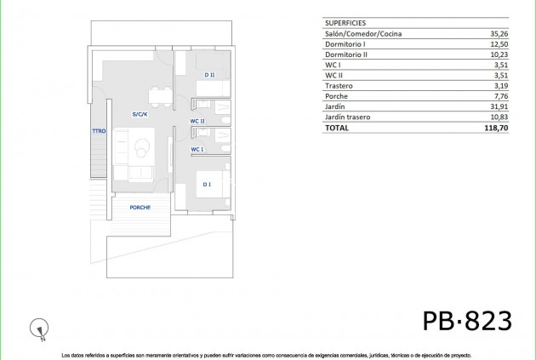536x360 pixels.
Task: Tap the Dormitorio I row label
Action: coord(345,44)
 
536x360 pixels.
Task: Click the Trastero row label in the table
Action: coord(339,86)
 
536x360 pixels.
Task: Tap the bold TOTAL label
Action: coord(336,128)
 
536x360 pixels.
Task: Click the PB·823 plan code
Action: coord(467,321)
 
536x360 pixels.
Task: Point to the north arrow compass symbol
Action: coord(37,325)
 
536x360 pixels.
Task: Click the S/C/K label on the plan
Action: coord(140,114)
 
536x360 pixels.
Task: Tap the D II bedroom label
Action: coord(209,76)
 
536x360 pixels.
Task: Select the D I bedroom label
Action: coord(207,184)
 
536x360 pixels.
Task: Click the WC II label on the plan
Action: coord(197,121)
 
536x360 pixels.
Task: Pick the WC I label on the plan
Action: coord(197,149)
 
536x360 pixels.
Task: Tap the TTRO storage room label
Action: coord(98,130)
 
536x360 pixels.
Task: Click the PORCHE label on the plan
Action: coord(140,208)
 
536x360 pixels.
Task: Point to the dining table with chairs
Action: coord(156,95)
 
